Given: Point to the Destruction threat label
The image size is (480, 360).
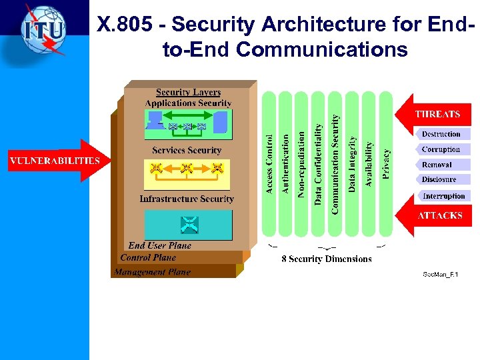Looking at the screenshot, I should [441, 134].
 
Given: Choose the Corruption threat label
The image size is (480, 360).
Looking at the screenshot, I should [441, 149].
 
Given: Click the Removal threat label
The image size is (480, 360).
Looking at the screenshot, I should [437, 165].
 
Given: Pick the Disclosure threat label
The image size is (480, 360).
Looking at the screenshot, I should [439, 179].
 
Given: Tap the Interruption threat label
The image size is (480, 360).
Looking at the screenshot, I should [443, 196].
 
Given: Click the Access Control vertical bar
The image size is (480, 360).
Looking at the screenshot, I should [269, 164].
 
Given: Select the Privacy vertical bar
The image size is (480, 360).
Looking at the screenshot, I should [385, 164].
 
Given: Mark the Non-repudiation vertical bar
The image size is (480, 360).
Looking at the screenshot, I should [302, 164].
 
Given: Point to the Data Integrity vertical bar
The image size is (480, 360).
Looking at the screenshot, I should [352, 164].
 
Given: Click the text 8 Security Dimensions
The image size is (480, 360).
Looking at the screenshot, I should [326, 259].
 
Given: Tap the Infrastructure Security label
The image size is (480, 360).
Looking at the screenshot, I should [187, 199].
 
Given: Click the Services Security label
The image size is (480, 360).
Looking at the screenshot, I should [187, 151].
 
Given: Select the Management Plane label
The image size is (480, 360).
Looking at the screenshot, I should [152, 272].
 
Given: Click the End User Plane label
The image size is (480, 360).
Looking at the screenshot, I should [160, 245].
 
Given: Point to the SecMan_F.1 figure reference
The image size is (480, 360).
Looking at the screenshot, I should [441, 274].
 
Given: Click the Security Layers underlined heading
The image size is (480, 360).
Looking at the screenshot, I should [188, 93].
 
